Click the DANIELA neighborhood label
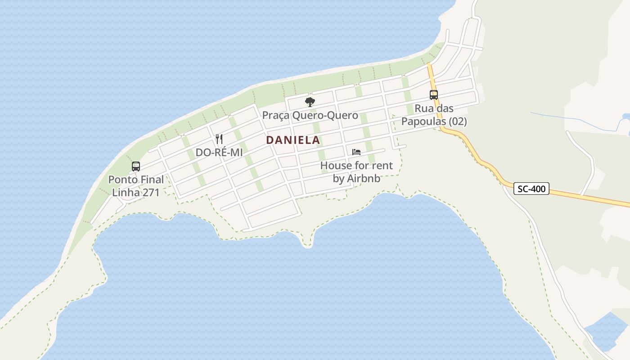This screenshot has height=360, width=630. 293,140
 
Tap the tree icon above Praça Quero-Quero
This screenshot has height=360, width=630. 310,102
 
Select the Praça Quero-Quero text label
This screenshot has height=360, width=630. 310,115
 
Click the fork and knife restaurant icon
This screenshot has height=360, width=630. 219,139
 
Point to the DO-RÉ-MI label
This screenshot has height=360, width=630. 219,153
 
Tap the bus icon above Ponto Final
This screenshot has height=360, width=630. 136,166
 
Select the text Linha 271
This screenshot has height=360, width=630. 135,192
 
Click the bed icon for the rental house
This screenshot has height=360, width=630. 356,152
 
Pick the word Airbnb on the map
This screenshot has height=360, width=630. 364,178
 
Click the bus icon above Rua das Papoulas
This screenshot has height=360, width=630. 434,95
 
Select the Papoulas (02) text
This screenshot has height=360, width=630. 434,121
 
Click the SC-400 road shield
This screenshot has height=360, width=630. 531,189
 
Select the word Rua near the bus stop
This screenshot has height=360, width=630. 423,108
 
